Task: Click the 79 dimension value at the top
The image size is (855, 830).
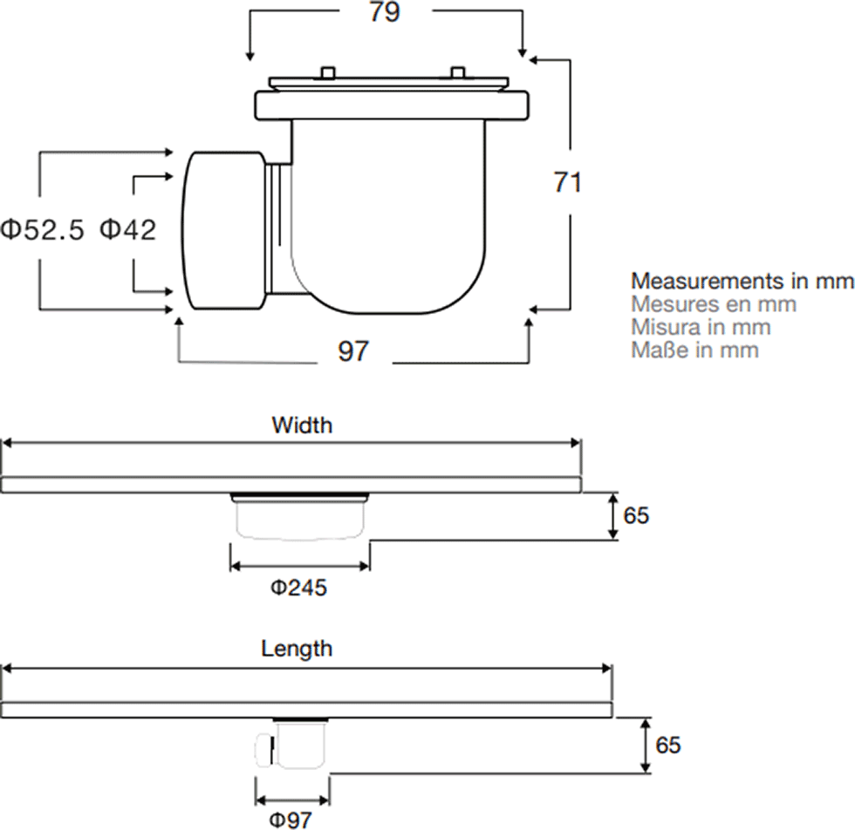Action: pyautogui.click(x=385, y=12)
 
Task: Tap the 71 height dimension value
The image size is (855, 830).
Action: pyautogui.click(x=568, y=182)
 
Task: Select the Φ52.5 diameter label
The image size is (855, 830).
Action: pyautogui.click(x=43, y=229)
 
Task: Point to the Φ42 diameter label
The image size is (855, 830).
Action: pyautogui.click(x=128, y=229)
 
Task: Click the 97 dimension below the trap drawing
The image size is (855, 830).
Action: pyautogui.click(x=353, y=351)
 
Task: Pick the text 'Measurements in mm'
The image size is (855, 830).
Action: pyautogui.click(x=742, y=282)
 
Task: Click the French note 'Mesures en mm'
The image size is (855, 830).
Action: pyautogui.click(x=714, y=304)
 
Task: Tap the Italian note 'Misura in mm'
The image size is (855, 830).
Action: pyautogui.click(x=701, y=327)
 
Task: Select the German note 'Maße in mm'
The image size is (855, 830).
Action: pyautogui.click(x=694, y=350)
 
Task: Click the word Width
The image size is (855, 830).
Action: pyautogui.click(x=302, y=425)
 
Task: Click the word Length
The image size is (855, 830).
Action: pyautogui.click(x=297, y=649)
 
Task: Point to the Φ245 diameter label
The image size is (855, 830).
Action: pyautogui.click(x=298, y=588)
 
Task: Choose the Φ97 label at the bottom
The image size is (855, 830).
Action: pyautogui.click(x=291, y=820)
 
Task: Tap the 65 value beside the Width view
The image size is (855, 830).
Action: pyautogui.click(x=636, y=515)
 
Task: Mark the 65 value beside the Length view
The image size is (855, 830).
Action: pyautogui.click(x=668, y=745)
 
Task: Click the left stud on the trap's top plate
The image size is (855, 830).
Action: pyautogui.click(x=328, y=73)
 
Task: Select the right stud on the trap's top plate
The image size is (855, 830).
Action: pyautogui.click(x=457, y=73)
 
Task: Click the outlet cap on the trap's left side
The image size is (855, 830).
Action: pyautogui.click(x=223, y=231)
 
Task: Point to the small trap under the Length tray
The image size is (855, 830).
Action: pyautogui.click(x=291, y=745)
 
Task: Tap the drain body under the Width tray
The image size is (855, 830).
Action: pyautogui.click(x=299, y=517)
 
